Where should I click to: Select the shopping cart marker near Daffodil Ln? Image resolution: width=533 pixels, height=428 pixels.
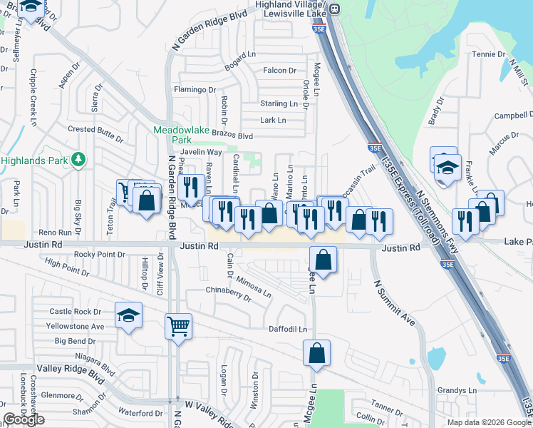[x=179, y=327]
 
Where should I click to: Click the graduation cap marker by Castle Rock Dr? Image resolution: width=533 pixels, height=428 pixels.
[x=128, y=316]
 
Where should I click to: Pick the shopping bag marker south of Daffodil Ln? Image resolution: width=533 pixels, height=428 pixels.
[x=316, y=352]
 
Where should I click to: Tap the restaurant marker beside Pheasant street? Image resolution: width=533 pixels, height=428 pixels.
[x=190, y=188]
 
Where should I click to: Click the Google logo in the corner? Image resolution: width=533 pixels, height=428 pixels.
[x=24, y=420]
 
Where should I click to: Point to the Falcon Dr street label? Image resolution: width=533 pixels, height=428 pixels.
[x=279, y=71]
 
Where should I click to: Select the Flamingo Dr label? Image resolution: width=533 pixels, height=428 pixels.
[x=195, y=90]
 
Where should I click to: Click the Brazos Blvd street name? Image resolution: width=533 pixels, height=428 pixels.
[x=233, y=136]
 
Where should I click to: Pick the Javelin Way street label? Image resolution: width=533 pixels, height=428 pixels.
[x=202, y=152]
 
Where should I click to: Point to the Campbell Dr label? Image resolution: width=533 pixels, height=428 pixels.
[x=514, y=116]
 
